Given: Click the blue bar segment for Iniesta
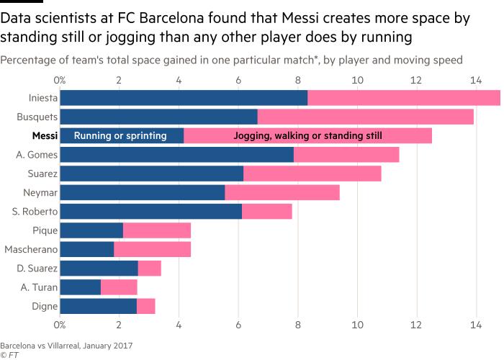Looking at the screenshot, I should pos(184,98).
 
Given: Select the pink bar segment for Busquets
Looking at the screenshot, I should pos(365,117).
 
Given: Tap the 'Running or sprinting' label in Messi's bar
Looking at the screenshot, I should pos(120,135).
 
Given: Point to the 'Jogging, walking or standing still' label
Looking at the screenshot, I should pos(308,135).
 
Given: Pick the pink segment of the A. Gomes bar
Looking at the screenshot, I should pos(346,154).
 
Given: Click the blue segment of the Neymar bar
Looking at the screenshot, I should pos(143,192).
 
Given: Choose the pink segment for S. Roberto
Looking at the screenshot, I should pos(266,211).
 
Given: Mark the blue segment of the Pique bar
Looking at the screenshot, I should pos(91,230).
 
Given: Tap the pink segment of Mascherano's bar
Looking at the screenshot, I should pos(152,249).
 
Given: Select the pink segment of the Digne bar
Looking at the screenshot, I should pos(145,305).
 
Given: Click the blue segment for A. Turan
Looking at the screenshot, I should pos(80,287).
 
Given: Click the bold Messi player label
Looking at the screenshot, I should pos(45,135).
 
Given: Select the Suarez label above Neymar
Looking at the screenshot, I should pos(40,174).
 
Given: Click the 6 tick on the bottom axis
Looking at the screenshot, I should pos(238,325).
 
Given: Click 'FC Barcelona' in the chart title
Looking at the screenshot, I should pos(143,14).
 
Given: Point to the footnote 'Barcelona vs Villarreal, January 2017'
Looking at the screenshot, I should pos(66,345).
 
